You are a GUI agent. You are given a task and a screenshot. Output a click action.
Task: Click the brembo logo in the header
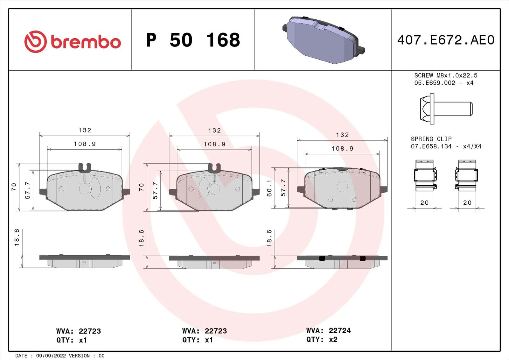click(73, 42)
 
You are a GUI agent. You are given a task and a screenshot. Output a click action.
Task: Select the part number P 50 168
click(193, 40)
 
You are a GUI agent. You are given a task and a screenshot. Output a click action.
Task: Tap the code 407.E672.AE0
click(445, 40)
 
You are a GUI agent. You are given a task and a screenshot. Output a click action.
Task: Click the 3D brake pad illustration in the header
click(323, 40)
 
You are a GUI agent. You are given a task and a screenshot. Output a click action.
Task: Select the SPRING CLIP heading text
click(431, 139)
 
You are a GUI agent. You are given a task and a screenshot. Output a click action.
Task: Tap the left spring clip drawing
click(425, 175)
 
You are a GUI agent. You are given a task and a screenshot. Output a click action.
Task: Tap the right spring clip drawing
click(466, 175)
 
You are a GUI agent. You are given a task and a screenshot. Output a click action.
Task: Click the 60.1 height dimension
click(269, 188)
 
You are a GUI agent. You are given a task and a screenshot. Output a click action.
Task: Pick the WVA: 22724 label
click(328, 330)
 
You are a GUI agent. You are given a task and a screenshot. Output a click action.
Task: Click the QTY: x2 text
click(322, 340)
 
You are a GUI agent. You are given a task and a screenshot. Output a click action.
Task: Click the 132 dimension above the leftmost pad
click(85, 130)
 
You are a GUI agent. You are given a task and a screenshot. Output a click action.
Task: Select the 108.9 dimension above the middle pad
click(214, 144)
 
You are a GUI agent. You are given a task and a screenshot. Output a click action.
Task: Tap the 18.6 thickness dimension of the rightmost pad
click(269, 238)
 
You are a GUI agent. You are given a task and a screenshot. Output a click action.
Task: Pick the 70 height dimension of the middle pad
click(141, 187)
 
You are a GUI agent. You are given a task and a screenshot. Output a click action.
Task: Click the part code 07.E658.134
click(431, 146)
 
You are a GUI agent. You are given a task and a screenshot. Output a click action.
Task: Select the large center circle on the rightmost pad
click(342, 186)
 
